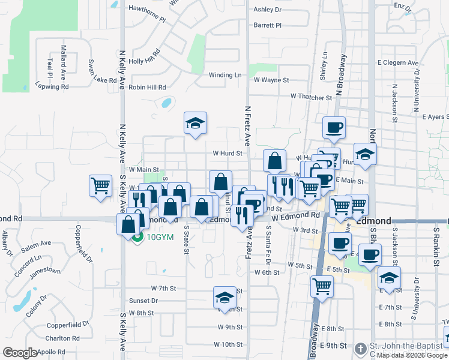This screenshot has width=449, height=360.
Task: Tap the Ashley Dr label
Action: click(267, 10)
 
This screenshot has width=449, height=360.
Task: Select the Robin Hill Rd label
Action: click(147, 87)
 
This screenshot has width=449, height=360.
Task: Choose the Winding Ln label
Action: click(225, 75)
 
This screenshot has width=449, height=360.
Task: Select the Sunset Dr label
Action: click(143, 301)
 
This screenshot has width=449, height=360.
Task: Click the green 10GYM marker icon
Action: click(137, 237)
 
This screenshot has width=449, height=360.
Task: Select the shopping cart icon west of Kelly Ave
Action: click(101, 185)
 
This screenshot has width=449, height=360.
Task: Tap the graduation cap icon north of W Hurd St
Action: click(195, 123)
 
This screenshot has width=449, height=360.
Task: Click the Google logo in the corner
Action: click(20, 353)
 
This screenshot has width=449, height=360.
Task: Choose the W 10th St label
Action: click(228, 345)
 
